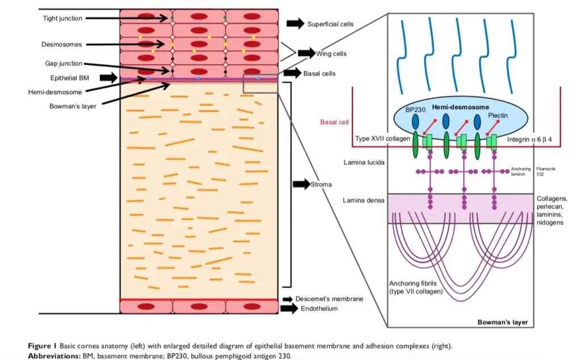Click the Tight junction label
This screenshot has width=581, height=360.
[x=62, y=19]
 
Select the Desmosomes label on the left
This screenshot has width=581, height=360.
[x=61, y=44]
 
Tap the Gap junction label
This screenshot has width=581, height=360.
[x=64, y=63]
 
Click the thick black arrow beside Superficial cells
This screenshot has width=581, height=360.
[x=295, y=23]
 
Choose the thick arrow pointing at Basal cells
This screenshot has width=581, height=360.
[x=292, y=73]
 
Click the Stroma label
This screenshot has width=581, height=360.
[x=321, y=184]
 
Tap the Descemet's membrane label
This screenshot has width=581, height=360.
[x=329, y=298]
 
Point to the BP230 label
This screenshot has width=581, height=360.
[x=416, y=109]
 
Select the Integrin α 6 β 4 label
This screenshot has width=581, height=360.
[x=528, y=139]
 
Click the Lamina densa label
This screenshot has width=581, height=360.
[x=364, y=200]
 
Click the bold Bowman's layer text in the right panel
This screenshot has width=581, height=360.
[x=502, y=322]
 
